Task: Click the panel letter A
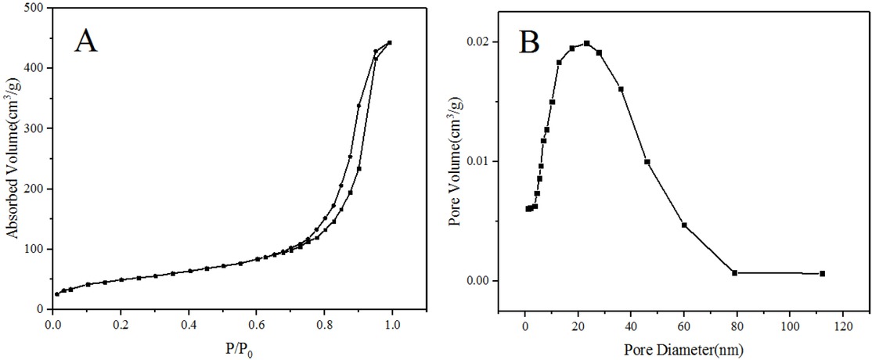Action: [86, 40]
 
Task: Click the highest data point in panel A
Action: [389, 43]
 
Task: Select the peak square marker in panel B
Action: [586, 43]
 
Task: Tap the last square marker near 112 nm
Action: [822, 273]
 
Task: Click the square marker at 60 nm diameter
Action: [684, 225]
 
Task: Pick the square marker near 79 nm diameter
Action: [734, 272]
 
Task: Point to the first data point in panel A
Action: [56, 294]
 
